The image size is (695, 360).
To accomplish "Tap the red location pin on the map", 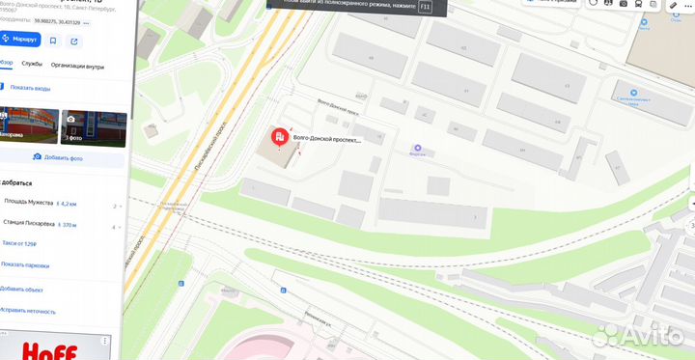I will coord(281,139).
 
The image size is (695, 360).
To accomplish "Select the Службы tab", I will coord(32,65).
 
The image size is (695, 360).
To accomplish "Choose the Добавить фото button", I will coord(60,157).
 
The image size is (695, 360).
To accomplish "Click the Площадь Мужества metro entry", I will coord(29,205).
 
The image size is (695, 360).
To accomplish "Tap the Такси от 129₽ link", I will coord(26,244).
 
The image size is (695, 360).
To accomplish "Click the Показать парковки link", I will coord(25,264).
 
